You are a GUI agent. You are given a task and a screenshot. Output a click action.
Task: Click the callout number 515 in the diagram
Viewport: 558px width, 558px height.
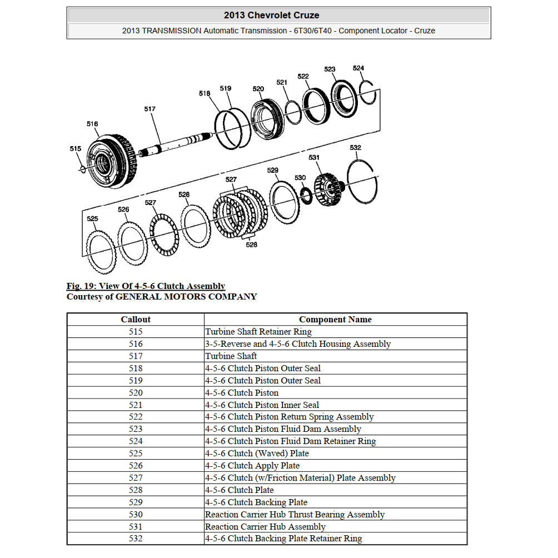(x=75, y=148)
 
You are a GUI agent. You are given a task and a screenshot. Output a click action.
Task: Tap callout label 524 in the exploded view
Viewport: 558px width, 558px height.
(x=358, y=68)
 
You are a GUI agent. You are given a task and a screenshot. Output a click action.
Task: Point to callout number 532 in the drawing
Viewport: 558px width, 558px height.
(x=356, y=147)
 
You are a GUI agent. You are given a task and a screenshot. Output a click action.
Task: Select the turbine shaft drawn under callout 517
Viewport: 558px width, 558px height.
(x=172, y=145)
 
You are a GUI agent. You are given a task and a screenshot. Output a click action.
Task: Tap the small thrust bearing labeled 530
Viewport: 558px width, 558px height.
(x=305, y=194)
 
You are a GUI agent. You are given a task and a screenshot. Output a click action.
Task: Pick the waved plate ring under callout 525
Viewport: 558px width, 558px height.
(x=101, y=253)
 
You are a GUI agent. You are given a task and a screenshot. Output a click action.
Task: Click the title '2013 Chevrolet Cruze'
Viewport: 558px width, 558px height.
(x=278, y=15)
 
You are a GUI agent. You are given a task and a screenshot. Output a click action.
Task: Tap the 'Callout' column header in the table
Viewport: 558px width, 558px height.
(x=136, y=320)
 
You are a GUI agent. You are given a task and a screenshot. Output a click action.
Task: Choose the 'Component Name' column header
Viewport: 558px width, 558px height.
(x=335, y=320)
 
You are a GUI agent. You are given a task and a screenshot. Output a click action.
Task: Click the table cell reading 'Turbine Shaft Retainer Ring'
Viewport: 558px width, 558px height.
(x=258, y=332)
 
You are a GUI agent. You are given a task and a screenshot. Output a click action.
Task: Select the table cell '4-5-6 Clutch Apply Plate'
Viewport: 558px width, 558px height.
(x=252, y=466)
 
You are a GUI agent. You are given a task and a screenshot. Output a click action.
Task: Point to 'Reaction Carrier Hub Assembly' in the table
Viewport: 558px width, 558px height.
(x=265, y=527)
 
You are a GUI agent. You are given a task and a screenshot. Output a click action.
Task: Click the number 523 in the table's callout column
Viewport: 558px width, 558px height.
(x=136, y=429)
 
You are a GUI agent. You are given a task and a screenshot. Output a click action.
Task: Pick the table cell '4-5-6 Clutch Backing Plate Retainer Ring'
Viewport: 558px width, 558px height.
(x=283, y=539)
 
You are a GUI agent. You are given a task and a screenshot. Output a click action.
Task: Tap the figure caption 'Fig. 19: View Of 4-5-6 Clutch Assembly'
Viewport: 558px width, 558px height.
(x=146, y=286)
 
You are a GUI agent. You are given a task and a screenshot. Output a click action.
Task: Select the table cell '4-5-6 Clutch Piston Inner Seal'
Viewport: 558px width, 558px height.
(x=262, y=405)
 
